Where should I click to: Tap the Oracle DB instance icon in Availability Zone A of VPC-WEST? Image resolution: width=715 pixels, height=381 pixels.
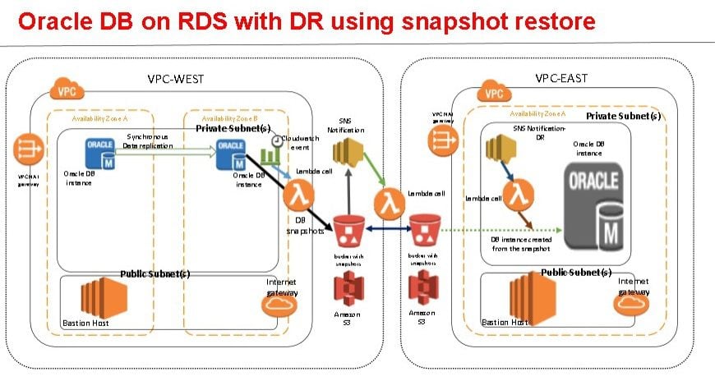(101, 151)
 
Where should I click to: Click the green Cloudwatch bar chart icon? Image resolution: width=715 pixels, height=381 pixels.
(268, 155)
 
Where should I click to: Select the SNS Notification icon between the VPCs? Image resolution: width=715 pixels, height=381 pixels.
(346, 154)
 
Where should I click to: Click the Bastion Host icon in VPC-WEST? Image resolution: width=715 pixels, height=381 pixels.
(90, 296)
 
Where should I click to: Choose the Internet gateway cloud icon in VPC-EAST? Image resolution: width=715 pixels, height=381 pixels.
(632, 304)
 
